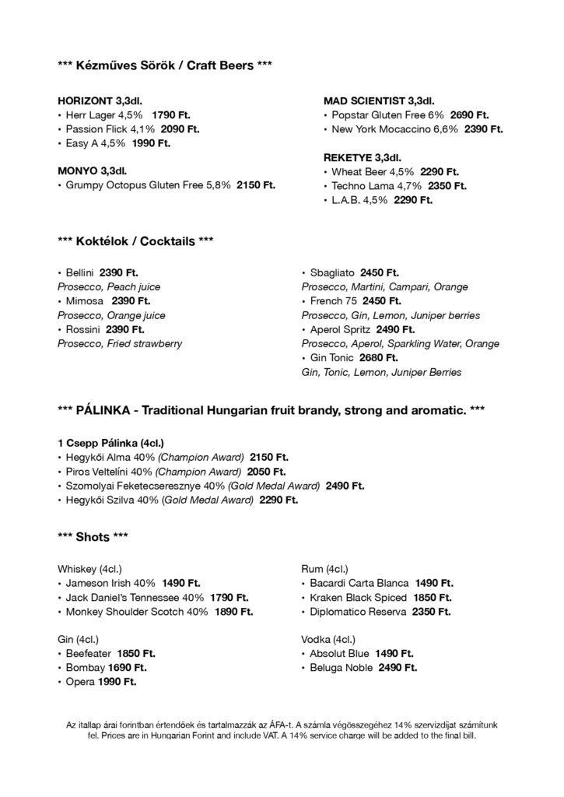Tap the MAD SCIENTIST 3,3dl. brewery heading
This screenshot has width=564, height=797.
coord(378,100)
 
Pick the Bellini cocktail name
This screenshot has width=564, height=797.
coord(80,272)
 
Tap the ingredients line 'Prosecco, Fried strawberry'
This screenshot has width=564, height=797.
coord(120,343)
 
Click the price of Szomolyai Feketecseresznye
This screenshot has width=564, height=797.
coord(345,486)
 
